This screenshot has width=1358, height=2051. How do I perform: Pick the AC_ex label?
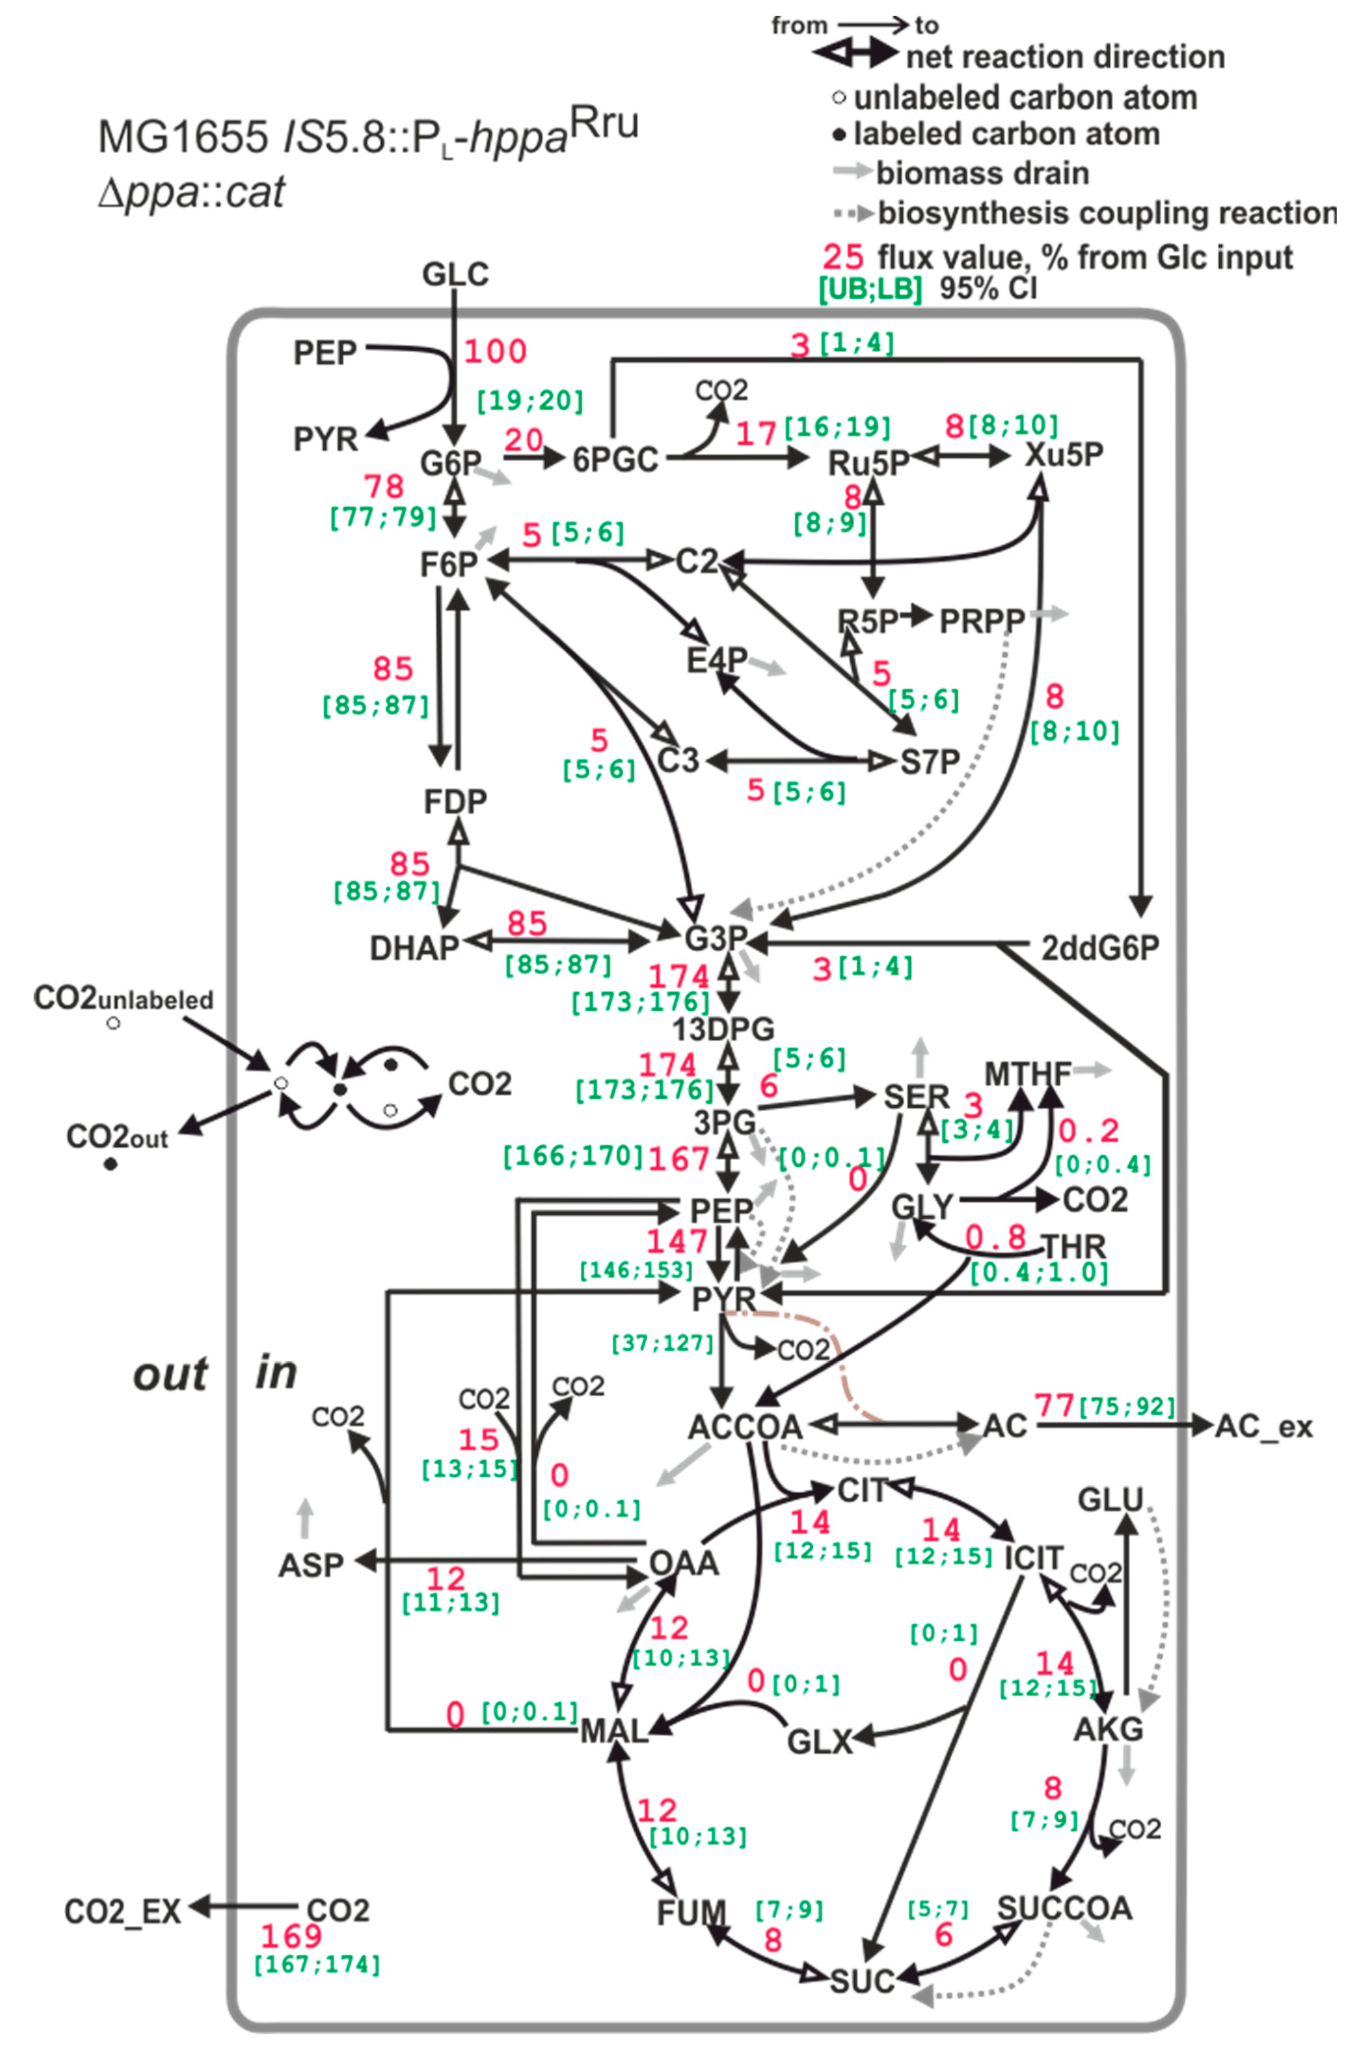(x=1264, y=1426)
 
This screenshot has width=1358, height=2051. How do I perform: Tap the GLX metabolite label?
(x=819, y=1740)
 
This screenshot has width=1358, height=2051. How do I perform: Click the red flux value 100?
(x=496, y=352)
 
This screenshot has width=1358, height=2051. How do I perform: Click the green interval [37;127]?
(x=662, y=1344)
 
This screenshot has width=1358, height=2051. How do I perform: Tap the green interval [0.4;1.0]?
(x=1039, y=1272)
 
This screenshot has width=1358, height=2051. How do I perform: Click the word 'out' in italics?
(x=170, y=1374)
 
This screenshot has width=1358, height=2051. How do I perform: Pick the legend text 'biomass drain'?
(x=982, y=173)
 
